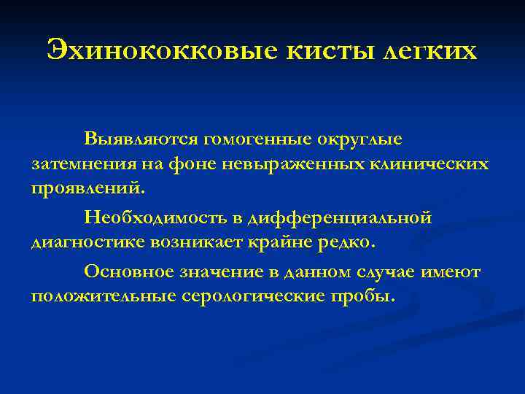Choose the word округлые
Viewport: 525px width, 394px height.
tap(362, 138)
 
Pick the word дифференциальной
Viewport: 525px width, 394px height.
tap(340, 217)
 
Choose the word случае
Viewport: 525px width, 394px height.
tap(384, 271)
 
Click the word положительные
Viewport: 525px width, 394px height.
tap(102, 296)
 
